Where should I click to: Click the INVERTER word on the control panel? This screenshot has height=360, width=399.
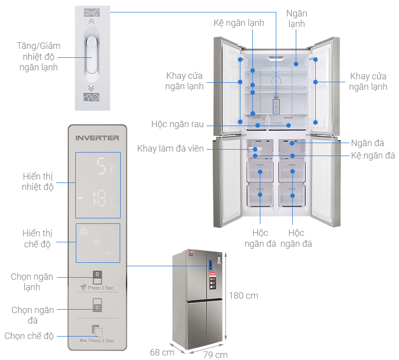(x=97, y=137)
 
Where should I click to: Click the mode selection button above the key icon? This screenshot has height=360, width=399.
(x=97, y=331)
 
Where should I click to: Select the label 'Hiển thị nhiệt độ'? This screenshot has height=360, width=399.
(x=37, y=182)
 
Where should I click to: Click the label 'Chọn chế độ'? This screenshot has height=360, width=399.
(x=29, y=336)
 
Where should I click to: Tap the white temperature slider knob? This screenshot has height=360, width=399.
(x=91, y=56)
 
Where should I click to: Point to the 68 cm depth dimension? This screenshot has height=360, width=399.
(x=162, y=353)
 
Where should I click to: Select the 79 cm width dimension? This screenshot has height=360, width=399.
(x=215, y=355)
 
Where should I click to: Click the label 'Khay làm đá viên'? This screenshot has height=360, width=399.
(x=171, y=149)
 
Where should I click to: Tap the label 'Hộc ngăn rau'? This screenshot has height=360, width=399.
(x=178, y=124)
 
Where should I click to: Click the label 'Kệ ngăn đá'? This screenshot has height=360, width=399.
(x=373, y=156)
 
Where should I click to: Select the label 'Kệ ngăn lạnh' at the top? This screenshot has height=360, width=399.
(x=239, y=23)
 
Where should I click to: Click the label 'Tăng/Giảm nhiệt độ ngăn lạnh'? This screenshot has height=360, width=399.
(x=37, y=56)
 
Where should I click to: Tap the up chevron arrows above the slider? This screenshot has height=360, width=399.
(x=91, y=22)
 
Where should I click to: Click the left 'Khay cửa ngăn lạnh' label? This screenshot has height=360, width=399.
(x=185, y=81)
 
